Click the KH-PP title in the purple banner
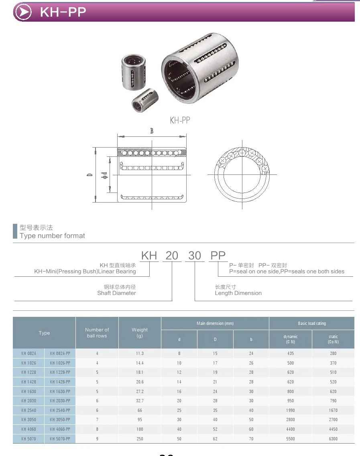pyautogui.click(x=63, y=12)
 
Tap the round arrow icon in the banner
pyautogui.click(x=23, y=12)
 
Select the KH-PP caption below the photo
pyautogui.click(x=180, y=120)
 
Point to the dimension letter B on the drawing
pyautogui.click(x=152, y=131)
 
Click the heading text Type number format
pyautogui.click(x=52, y=236)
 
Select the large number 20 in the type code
pyautogui.click(x=172, y=255)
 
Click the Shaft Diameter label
pyautogui.click(x=116, y=293)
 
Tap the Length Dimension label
pyautogui.click(x=238, y=293)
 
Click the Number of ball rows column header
pyautogui.click(x=97, y=333)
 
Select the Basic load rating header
pyautogui.click(x=311, y=323)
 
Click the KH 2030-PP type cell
pyautogui.click(x=60, y=401)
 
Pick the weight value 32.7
pyautogui.click(x=140, y=401)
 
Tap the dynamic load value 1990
pyautogui.click(x=290, y=410)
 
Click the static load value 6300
pyautogui.click(x=333, y=439)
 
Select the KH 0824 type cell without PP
pyautogui.click(x=28, y=353)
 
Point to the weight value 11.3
pyautogui.click(x=140, y=353)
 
